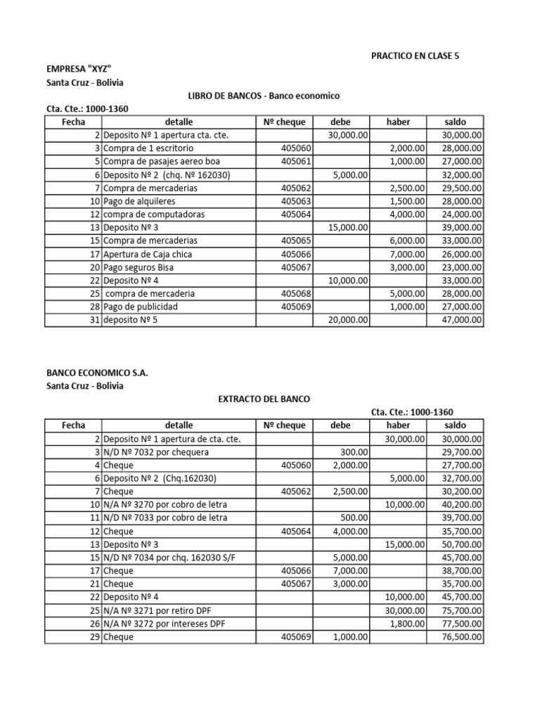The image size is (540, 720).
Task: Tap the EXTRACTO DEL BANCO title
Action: tap(259, 399)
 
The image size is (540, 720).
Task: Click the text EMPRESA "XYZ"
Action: tap(79, 68)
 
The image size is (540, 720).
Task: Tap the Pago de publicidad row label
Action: tap(141, 307)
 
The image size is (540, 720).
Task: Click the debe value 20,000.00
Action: tap(348, 320)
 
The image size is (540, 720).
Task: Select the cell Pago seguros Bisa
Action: tap(141, 267)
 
